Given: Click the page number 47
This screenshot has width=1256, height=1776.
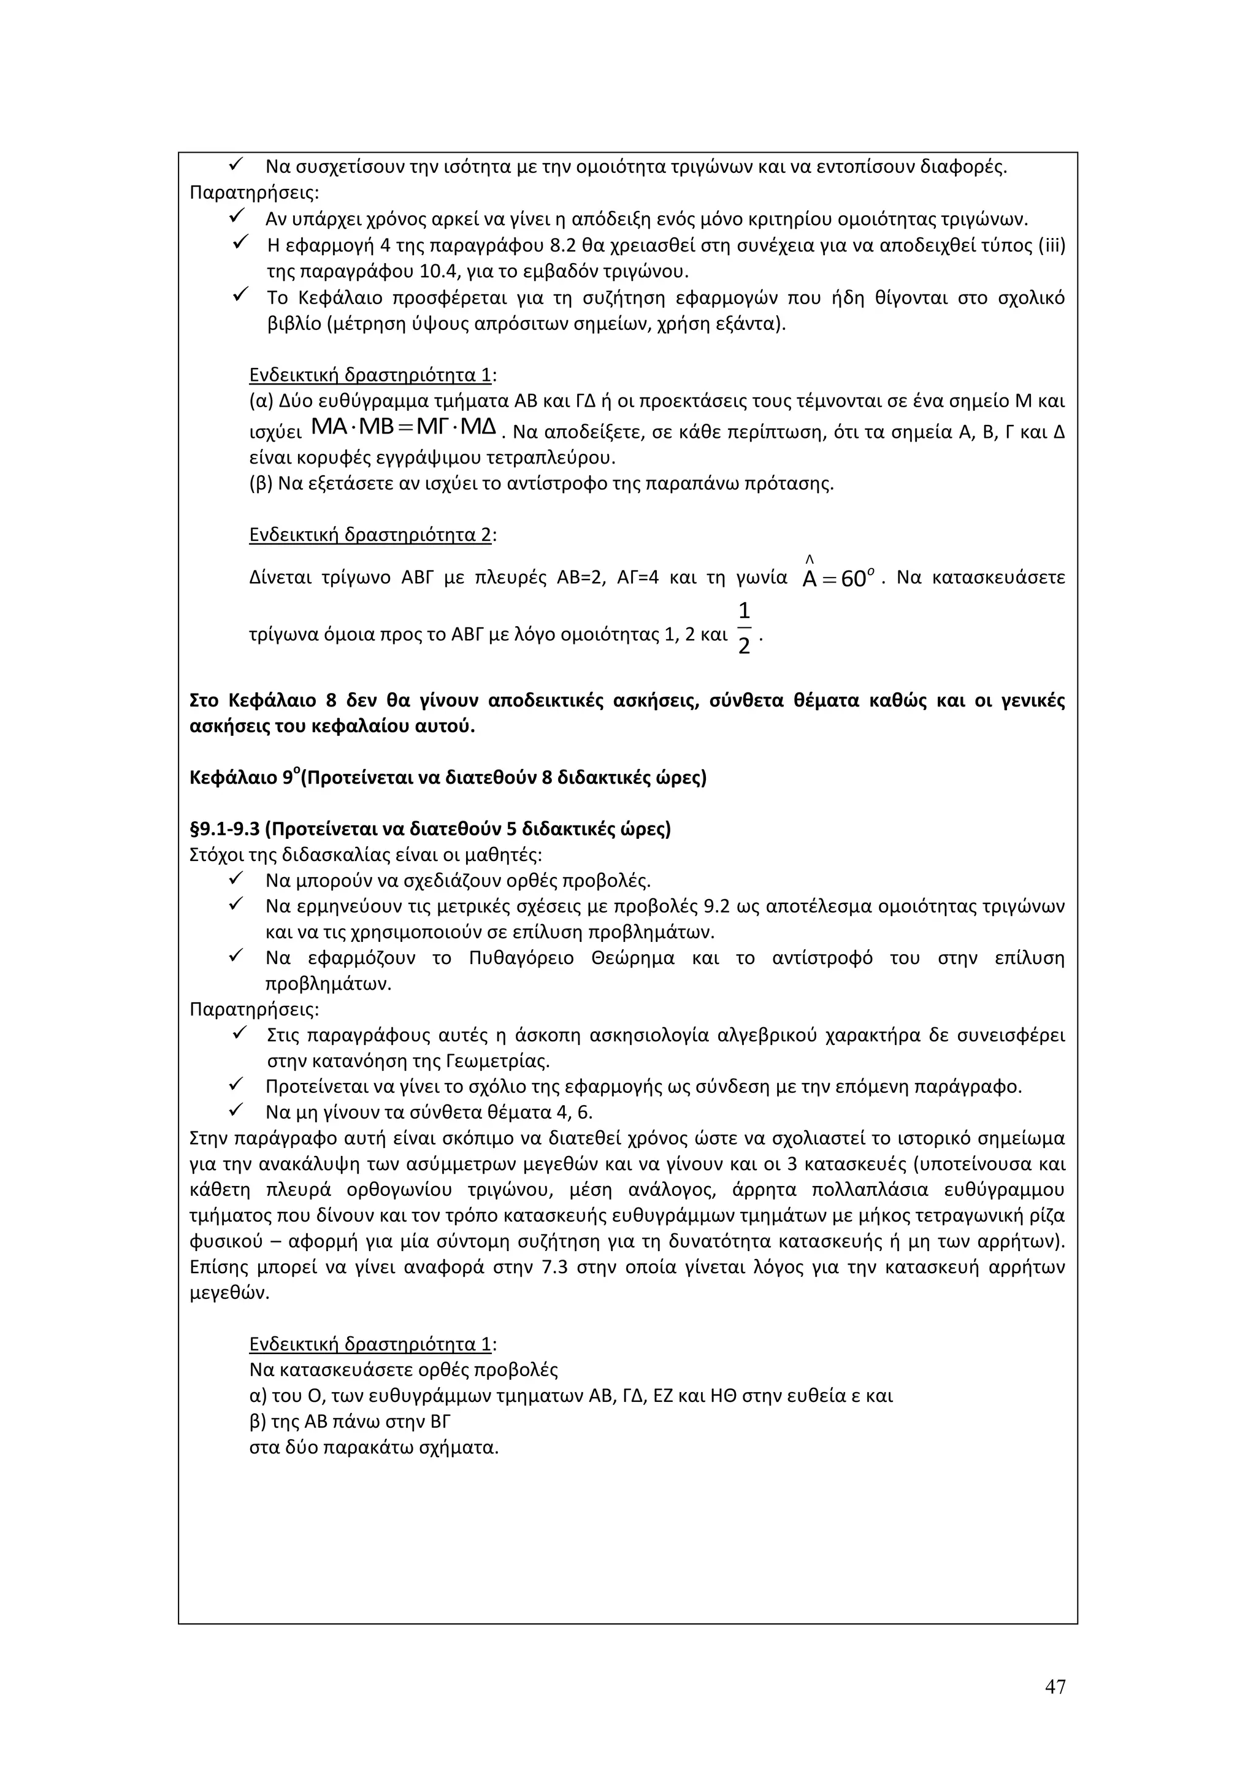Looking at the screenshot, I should tap(1055, 1687).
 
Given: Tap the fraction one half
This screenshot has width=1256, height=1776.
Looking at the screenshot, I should tap(743, 627).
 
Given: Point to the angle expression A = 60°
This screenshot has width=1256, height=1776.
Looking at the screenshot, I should tap(838, 578).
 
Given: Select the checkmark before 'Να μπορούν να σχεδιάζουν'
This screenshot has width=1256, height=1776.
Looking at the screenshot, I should tap(237, 879).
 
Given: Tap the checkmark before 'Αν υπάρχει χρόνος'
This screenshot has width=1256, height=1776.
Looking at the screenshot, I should tap(237, 216).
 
